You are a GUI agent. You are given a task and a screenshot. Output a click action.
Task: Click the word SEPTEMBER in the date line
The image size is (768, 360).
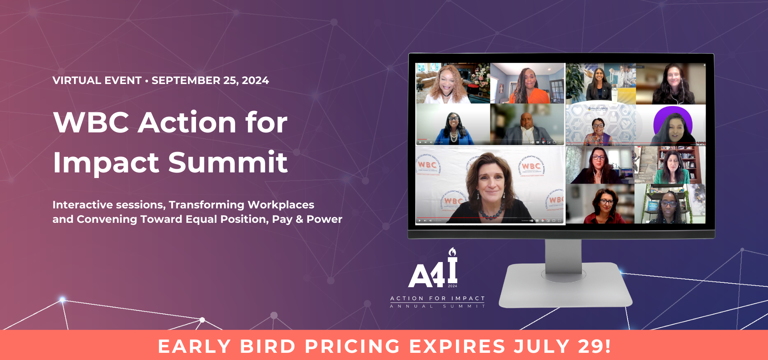coord(186,80)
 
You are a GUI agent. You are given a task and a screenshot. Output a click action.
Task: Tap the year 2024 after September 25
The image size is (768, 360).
coord(255,80)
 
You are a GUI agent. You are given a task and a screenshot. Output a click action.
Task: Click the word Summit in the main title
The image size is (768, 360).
coord(228,162)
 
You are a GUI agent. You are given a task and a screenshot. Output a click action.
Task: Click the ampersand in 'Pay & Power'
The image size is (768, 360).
coord(299,219)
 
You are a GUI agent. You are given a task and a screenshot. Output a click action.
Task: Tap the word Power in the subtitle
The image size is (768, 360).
coord(324,219)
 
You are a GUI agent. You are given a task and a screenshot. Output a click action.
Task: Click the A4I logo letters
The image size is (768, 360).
coord(433,274)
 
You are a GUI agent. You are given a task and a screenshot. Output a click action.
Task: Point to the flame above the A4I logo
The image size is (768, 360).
coord(452,252)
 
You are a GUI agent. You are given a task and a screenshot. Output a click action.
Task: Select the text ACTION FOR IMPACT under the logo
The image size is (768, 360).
coord(437,298)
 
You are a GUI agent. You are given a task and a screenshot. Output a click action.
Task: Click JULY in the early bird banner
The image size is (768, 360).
coord(542,346)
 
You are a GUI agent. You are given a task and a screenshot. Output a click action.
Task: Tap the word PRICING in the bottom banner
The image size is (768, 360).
coord(352,346)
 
